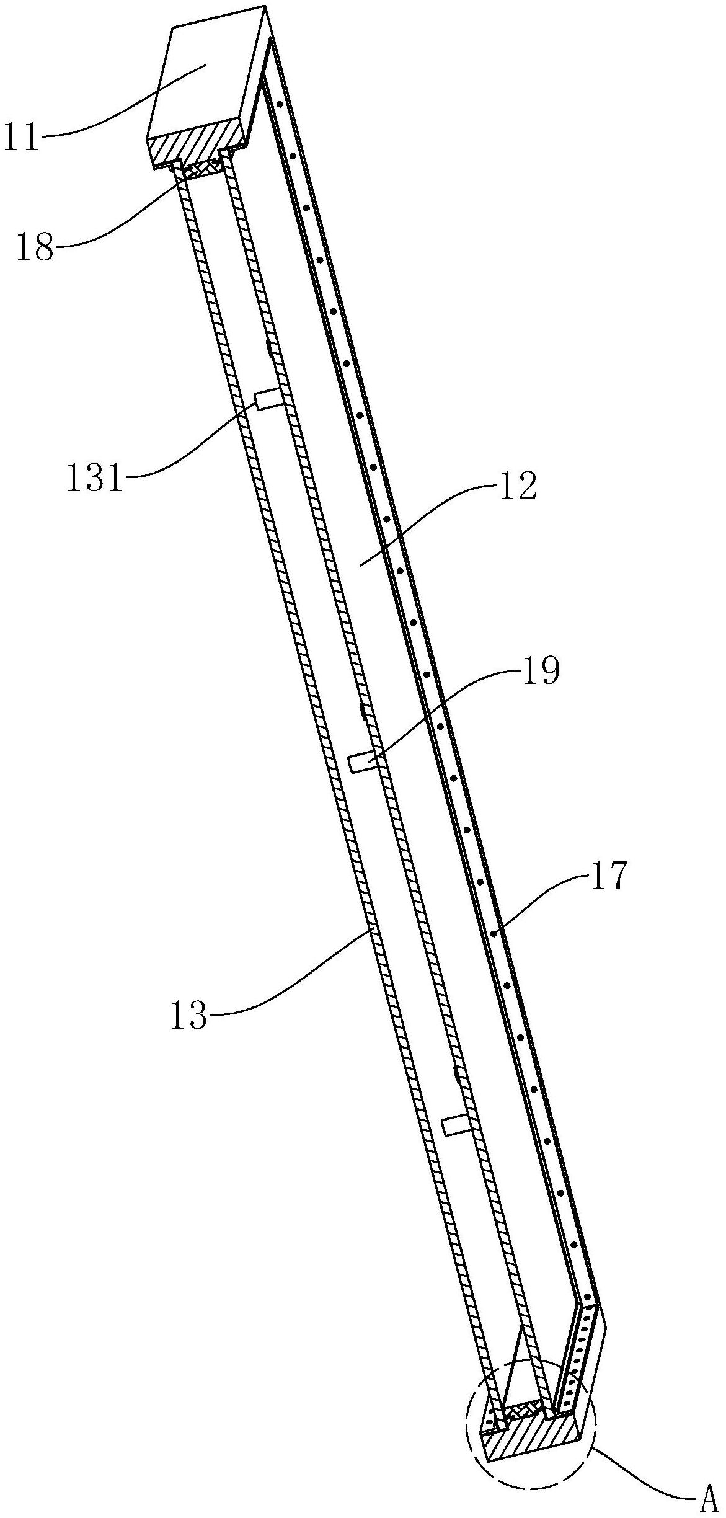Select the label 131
click(x=95, y=480)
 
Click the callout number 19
click(x=541, y=672)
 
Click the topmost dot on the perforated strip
click(x=279, y=104)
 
